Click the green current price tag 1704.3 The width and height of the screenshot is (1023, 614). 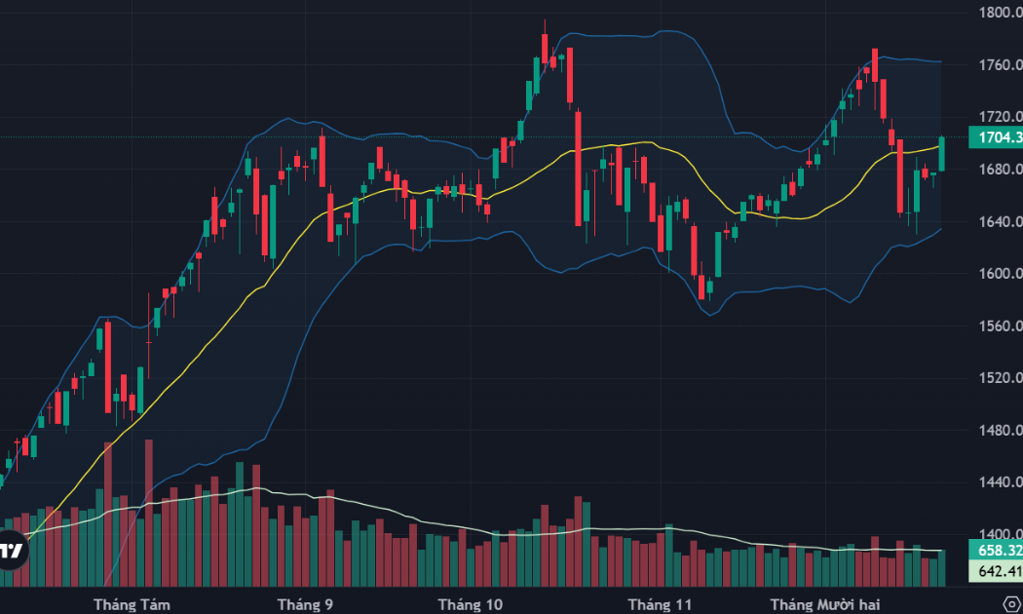coord(995,137)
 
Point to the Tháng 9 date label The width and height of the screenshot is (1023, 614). coord(305,604)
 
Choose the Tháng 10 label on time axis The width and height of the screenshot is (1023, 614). coord(471,604)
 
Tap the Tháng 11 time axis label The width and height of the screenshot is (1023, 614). coord(660,604)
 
